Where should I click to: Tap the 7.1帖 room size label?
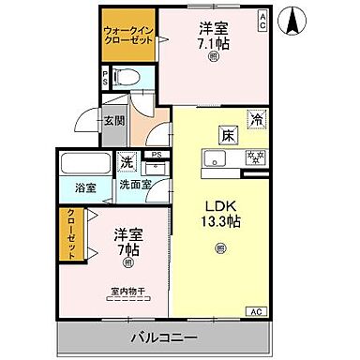[213, 43]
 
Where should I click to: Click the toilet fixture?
[127, 77]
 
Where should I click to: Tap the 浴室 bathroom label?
[85, 187]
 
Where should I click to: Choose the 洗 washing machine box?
[126, 160]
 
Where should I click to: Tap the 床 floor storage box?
[228, 134]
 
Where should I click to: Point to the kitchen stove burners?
[254, 157]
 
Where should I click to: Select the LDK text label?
[219, 207]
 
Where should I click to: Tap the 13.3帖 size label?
[219, 222]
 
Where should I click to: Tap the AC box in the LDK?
[255, 311]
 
